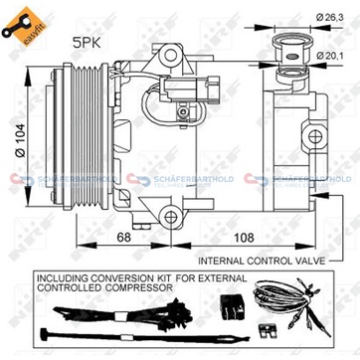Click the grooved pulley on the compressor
coord(60,137)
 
